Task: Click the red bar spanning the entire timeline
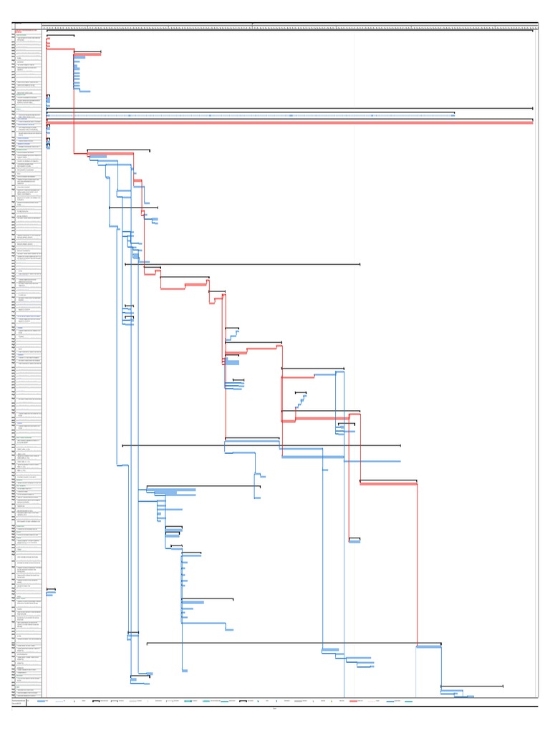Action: click(x=286, y=122)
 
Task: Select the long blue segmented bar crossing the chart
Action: click(x=251, y=115)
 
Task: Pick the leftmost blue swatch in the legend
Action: click(x=42, y=702)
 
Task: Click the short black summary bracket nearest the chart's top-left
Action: click(x=60, y=35)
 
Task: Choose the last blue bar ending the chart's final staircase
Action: click(x=465, y=696)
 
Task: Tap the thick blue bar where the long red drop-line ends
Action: click(x=354, y=541)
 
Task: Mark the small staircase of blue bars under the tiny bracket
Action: click(x=302, y=401)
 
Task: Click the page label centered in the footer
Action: click(x=275, y=709)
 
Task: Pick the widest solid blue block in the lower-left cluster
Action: click(x=175, y=492)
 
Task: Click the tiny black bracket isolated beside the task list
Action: click(x=50, y=589)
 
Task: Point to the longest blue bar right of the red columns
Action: click(x=372, y=462)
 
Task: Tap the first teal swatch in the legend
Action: click(x=188, y=702)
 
